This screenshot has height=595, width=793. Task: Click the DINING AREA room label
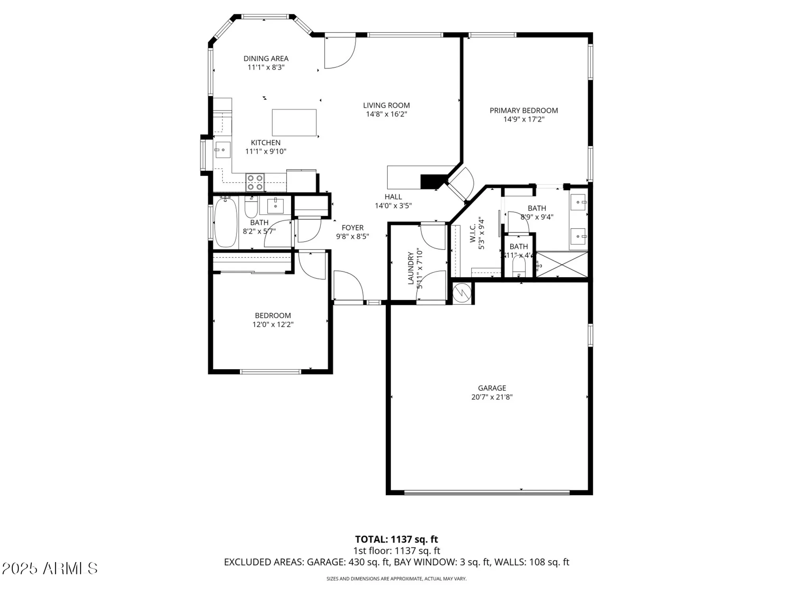pyautogui.click(x=266, y=59)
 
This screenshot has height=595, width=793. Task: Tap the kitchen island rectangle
pyautogui.click(x=294, y=123)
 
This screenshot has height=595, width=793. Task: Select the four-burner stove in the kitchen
pyautogui.click(x=255, y=182)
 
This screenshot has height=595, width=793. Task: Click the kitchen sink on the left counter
pyautogui.click(x=222, y=150)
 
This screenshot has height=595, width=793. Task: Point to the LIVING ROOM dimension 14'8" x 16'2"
pyautogui.click(x=386, y=114)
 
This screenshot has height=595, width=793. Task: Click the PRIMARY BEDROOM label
pyautogui.click(x=523, y=111)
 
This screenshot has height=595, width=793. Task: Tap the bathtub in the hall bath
pyautogui.click(x=226, y=223)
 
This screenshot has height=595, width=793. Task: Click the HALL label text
pyautogui.click(x=393, y=197)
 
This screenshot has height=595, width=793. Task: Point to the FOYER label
pyautogui.click(x=352, y=228)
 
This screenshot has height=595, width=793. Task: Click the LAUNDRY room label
pyautogui.click(x=411, y=268)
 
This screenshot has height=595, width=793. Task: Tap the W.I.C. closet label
pyautogui.click(x=473, y=233)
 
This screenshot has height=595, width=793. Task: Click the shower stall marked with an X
pyautogui.click(x=562, y=265)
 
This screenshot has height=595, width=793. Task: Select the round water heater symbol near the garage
pyautogui.click(x=462, y=293)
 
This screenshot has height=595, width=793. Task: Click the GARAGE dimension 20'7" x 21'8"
pyautogui.click(x=492, y=397)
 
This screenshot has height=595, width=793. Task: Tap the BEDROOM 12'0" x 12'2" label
pyautogui.click(x=273, y=316)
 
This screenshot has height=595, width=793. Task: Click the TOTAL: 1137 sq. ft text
pyautogui.click(x=396, y=539)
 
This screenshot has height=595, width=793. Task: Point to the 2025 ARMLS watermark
pyautogui.click(x=50, y=568)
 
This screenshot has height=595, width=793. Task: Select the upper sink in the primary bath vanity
pyautogui.click(x=578, y=202)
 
